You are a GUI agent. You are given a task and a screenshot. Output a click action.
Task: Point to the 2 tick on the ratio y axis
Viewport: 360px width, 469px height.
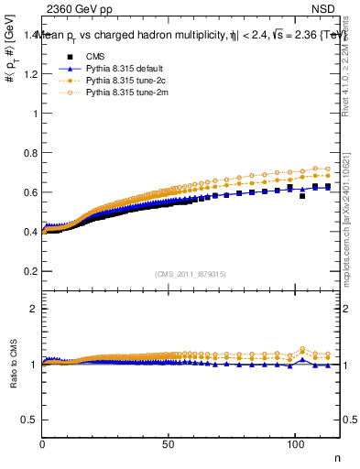point(34,309)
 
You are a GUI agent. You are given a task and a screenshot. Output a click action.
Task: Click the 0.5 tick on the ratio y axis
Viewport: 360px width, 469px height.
point(30,420)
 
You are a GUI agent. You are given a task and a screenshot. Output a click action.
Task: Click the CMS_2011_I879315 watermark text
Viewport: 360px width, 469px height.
point(191,274)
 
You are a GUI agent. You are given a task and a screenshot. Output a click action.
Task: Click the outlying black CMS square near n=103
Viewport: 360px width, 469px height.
point(302,196)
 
